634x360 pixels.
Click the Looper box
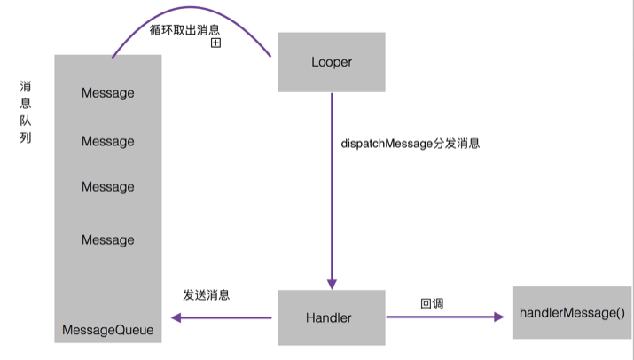[332, 62]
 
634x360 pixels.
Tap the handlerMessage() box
[572, 312]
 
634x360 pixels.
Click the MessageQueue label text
[107, 330]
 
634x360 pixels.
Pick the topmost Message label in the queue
[107, 92]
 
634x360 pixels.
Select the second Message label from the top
[107, 141]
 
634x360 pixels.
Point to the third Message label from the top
[107, 186]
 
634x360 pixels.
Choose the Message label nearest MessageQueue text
[107, 239]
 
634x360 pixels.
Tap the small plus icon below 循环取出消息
[215, 43]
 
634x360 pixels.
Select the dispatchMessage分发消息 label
[410, 143]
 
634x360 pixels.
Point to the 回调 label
[432, 303]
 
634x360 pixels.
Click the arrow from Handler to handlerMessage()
[448, 317]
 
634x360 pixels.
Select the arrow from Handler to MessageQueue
[222, 317]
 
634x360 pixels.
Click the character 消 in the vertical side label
[26, 87]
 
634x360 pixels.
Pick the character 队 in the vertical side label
[26, 121]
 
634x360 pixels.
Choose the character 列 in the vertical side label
[26, 138]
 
